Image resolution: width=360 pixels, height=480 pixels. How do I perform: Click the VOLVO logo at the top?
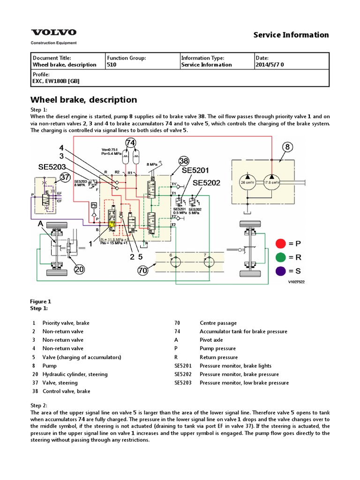(53, 33)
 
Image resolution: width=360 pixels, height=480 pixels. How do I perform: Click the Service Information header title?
(291, 35)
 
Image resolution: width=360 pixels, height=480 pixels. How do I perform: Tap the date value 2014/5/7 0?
(270, 65)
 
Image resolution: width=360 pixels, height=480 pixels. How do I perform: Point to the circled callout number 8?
(287, 147)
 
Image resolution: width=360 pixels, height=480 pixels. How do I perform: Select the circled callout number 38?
(183, 161)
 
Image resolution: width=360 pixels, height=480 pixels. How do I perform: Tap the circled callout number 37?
(66, 177)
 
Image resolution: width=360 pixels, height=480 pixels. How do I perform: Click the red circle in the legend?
(281, 243)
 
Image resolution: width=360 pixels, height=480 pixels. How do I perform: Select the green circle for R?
(281, 257)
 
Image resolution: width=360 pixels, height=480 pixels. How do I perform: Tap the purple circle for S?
(281, 270)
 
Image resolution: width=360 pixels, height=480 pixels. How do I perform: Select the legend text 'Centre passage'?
(218, 323)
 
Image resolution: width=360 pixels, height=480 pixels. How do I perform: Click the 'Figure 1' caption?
(41, 301)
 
